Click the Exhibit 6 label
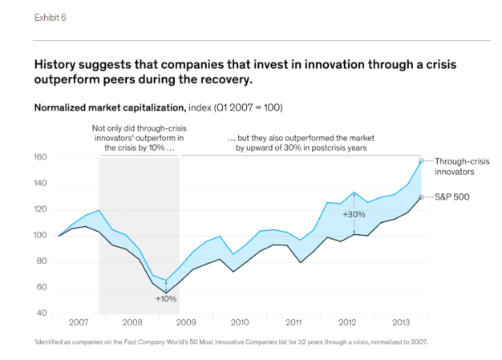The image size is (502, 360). tap(49, 18)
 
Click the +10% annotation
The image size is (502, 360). tap(166, 298)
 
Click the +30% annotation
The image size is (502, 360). tap(354, 215)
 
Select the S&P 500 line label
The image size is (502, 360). tap(451, 196)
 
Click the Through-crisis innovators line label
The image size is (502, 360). tap(462, 166)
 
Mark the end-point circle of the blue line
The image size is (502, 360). tap(421, 161)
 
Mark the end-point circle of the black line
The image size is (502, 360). tap(421, 196)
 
